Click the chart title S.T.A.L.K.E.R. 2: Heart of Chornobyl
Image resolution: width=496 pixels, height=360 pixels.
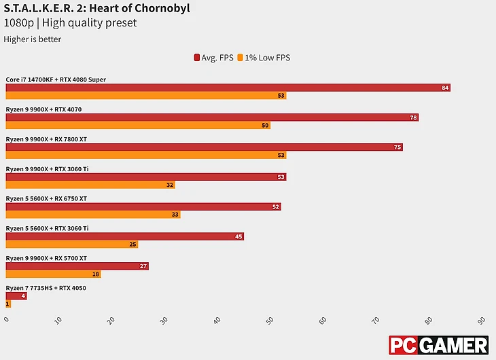96,9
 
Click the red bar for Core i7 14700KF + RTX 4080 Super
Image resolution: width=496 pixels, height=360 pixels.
228,88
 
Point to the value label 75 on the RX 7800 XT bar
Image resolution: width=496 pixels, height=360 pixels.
397,147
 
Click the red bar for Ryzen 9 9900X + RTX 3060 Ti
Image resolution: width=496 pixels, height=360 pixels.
146,177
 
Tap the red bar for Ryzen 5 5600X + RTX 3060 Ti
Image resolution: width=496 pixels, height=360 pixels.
125,236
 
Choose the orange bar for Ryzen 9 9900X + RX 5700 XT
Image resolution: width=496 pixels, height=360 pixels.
53,274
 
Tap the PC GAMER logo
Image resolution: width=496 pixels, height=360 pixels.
438,344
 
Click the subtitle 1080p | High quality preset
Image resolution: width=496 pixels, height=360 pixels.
70,23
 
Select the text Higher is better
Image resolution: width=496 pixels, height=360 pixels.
33,39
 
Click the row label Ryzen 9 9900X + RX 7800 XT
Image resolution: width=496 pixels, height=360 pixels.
46,139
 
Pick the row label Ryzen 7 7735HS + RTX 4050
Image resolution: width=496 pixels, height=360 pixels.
46,288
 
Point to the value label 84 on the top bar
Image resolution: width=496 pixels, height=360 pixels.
445,88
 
